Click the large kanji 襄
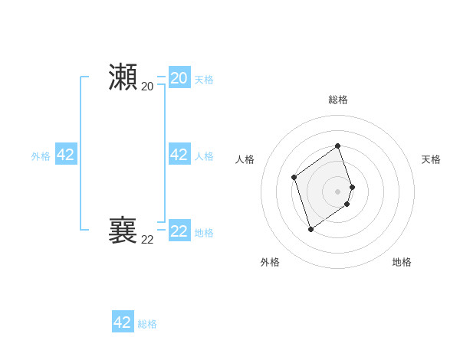123,230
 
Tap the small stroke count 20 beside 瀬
147,87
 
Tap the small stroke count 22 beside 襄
147,240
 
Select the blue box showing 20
179,78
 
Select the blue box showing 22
179,231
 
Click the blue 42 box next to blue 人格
179,155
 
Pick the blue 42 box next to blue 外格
66,155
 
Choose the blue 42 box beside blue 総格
123,322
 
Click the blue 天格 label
204,80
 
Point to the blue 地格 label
204,233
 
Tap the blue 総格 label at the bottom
147,324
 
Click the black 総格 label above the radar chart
338,100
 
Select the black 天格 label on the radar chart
431,159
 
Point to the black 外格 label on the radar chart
270,262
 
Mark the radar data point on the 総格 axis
338,146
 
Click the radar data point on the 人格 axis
294,178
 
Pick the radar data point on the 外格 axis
310,229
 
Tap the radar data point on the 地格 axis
347,204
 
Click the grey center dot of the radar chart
338,191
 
